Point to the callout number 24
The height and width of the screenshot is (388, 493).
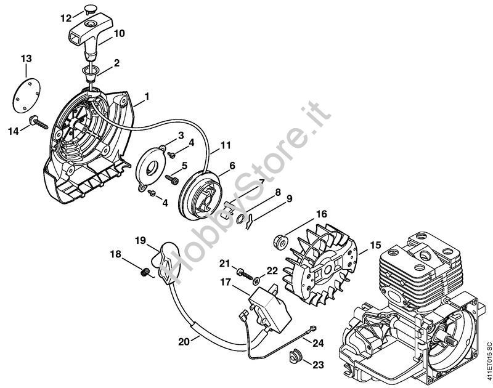[318, 342]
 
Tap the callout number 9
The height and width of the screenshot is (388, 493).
[290, 198]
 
